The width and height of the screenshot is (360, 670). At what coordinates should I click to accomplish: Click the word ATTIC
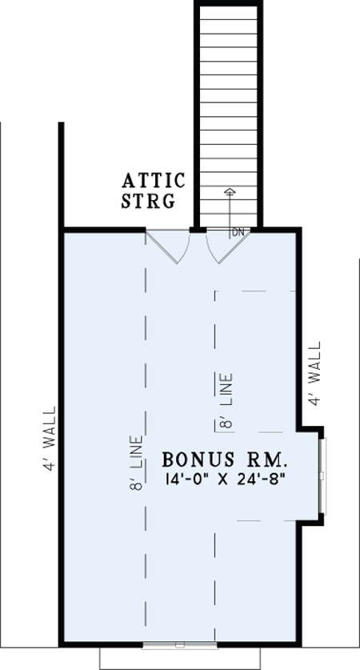tap(153, 180)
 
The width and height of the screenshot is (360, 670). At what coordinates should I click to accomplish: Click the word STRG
tap(148, 201)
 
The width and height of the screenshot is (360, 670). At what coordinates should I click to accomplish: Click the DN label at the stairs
tap(238, 233)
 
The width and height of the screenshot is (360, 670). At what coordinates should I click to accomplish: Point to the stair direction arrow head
tap(230, 191)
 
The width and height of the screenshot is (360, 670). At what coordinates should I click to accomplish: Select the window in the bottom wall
tap(179, 644)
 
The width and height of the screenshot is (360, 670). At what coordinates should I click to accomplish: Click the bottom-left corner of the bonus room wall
tap(62, 644)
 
